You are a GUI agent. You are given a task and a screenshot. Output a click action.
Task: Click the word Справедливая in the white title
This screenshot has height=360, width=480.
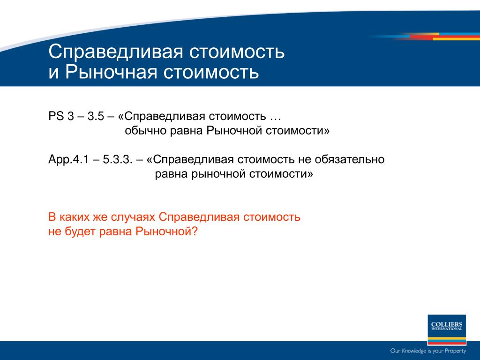pos(116,52)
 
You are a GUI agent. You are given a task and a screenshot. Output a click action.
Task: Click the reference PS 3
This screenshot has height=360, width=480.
pos(61,116)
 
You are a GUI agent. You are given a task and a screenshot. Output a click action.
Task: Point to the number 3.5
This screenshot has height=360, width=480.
pos(96,116)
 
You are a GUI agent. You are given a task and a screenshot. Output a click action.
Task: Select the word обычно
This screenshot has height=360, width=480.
pos(145,131)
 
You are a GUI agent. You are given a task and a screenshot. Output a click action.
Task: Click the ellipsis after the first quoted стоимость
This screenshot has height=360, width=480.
pos(275,116)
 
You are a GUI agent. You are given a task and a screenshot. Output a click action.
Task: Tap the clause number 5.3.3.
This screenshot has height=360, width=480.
pos(118,159)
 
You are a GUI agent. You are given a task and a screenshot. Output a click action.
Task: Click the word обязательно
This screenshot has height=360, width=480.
pos(349,159)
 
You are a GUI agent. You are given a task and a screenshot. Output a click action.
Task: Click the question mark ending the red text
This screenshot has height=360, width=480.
pos(195,232)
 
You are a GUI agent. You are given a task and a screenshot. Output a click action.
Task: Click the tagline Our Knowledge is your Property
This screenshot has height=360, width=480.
pos(428,351)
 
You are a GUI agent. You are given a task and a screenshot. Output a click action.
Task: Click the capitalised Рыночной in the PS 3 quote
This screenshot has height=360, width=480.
pos(234,131)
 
